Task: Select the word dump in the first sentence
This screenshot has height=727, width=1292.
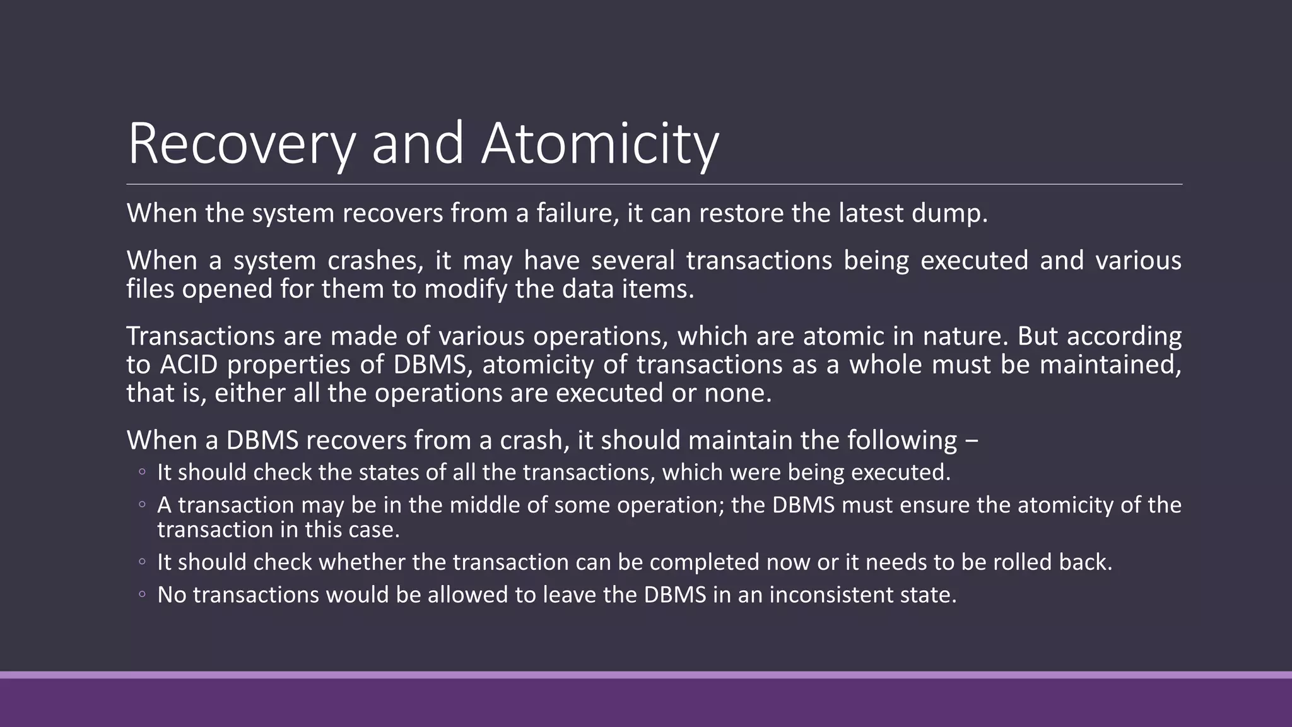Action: click(x=949, y=213)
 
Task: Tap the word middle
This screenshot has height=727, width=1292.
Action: click(x=447, y=505)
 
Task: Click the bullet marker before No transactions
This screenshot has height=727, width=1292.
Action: click(x=142, y=594)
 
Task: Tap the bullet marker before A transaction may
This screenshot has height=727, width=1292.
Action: click(x=142, y=505)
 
